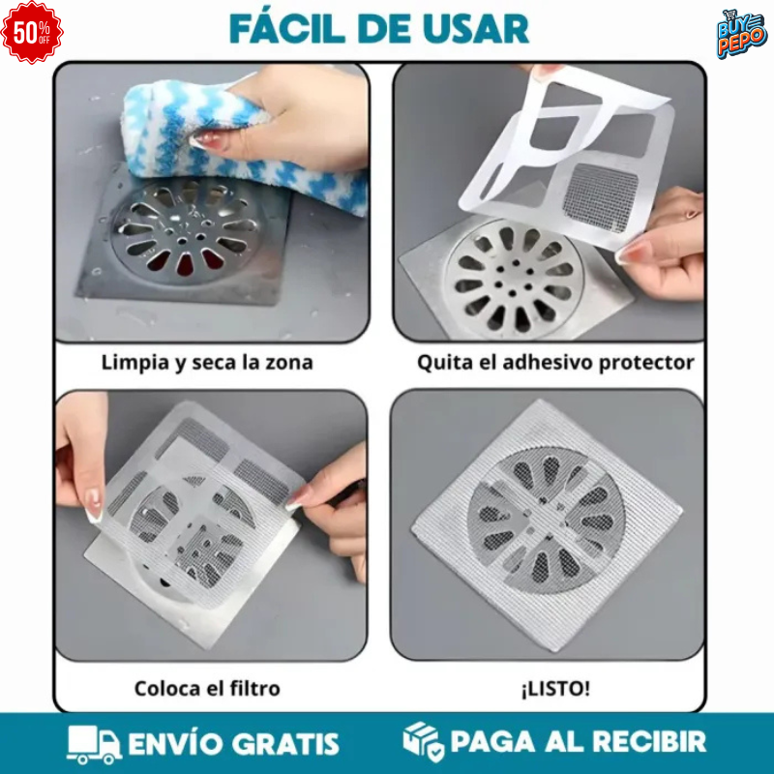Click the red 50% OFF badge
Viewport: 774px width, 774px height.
32,32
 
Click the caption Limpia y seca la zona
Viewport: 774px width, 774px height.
207,364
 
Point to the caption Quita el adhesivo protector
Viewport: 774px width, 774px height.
555,364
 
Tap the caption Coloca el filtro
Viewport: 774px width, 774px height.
207,689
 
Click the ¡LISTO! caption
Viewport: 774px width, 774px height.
555,689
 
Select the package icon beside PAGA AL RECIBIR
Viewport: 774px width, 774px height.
424,742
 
